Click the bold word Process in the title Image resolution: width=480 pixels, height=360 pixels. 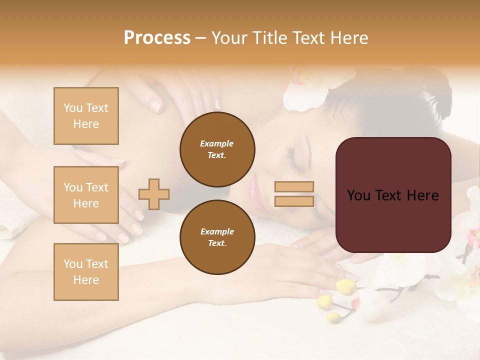pyautogui.click(x=157, y=38)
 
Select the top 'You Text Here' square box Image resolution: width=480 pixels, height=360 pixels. pyautogui.click(x=86, y=116)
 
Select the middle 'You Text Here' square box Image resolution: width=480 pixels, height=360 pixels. pyautogui.click(x=86, y=195)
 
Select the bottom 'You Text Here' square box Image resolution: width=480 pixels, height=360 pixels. pyautogui.click(x=86, y=272)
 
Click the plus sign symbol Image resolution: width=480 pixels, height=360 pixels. pyautogui.click(x=154, y=193)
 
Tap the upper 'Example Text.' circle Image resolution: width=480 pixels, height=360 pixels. pyautogui.click(x=217, y=149)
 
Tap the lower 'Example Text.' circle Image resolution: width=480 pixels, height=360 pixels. pyautogui.click(x=217, y=237)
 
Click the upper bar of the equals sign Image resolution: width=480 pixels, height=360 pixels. pyautogui.click(x=294, y=187)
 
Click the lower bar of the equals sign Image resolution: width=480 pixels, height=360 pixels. pyautogui.click(x=294, y=201)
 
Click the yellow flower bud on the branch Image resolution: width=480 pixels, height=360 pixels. pyautogui.click(x=346, y=286)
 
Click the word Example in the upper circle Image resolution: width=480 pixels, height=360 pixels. pyautogui.click(x=217, y=144)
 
